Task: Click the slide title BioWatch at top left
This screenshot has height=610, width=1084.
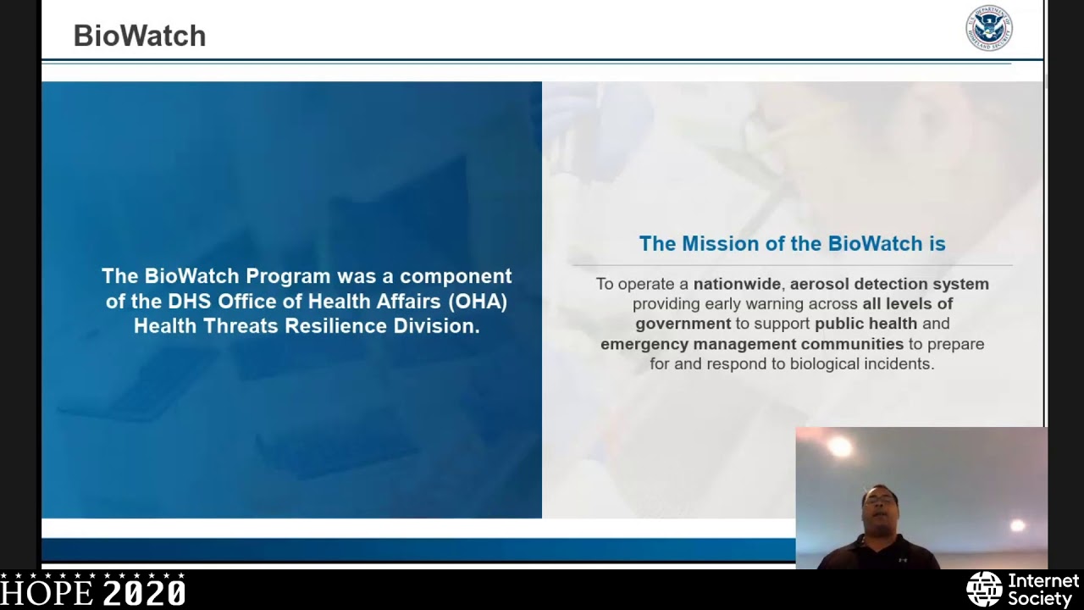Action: tap(140, 36)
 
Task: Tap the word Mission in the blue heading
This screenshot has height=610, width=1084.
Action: tap(719, 244)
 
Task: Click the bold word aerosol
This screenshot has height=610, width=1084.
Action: tap(820, 284)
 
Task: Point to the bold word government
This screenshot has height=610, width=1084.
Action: tap(683, 324)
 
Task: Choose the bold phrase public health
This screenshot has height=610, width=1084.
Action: tap(866, 324)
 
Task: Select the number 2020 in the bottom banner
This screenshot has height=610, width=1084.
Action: tap(144, 591)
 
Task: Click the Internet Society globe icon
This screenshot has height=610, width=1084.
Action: tap(984, 590)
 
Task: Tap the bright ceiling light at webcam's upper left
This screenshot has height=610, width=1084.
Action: tap(840, 447)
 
